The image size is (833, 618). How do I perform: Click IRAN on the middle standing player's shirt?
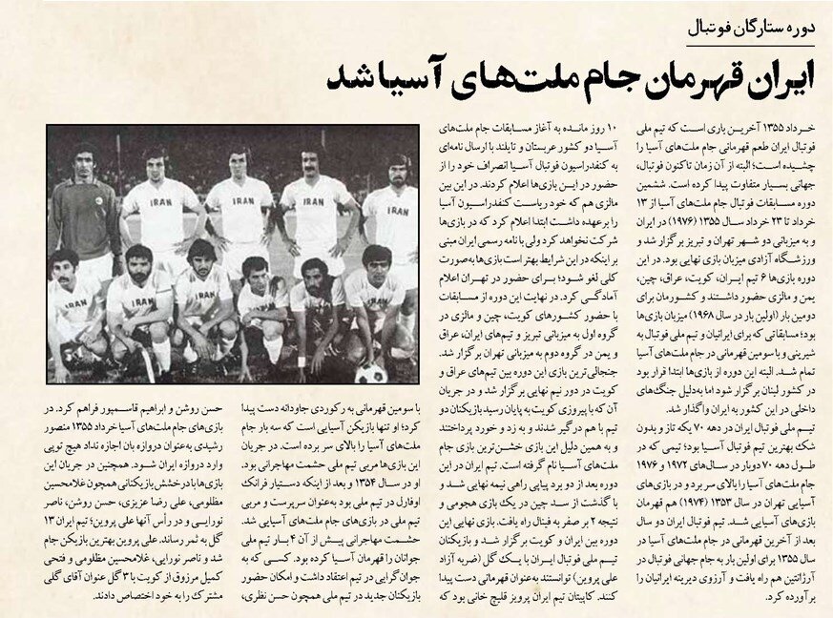click(243, 201)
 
